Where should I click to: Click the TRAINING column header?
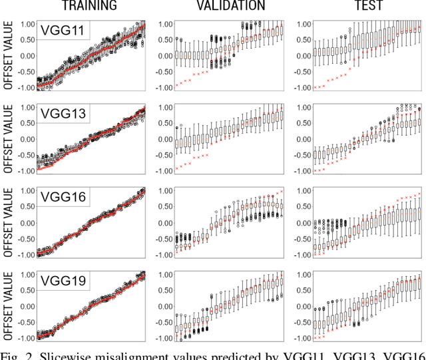pyautogui.click(x=89, y=7)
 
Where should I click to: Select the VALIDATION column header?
pyautogui.click(x=230, y=7)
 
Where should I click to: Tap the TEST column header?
pyautogui.click(x=366, y=7)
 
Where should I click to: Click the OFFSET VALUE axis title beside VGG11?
pyautogui.click(x=7, y=56)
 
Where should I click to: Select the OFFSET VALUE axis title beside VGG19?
pyautogui.click(x=7, y=306)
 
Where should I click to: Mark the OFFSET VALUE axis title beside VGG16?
pyautogui.click(x=7, y=223)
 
